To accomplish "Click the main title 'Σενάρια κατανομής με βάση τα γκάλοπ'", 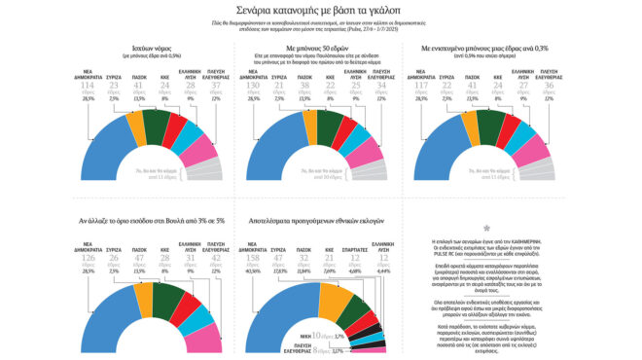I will [x=320, y=11].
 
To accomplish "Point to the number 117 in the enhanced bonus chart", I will [x=446, y=88].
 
